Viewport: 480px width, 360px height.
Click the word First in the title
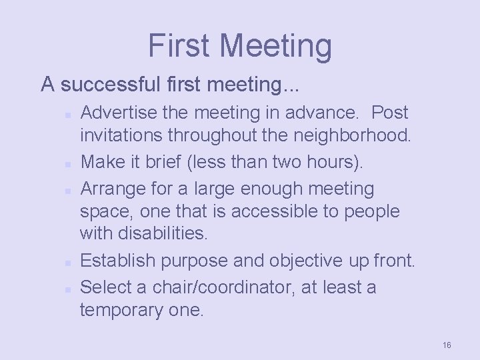[180, 45]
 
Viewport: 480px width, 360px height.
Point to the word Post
[390, 113]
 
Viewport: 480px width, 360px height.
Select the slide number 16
[447, 345]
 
